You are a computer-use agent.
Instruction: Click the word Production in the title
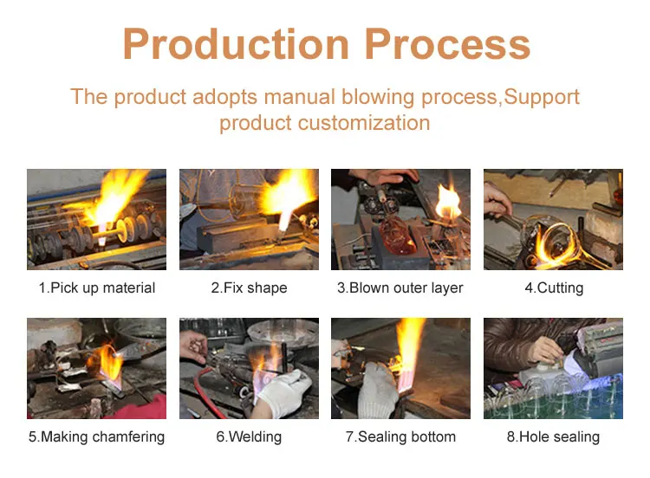tap(236, 44)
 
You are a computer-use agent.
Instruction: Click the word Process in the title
tap(448, 44)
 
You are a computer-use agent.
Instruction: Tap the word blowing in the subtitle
tap(378, 98)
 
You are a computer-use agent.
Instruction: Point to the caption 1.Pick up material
tap(96, 287)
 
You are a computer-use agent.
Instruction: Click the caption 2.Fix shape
tap(249, 287)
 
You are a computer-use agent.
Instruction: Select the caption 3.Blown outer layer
tap(400, 287)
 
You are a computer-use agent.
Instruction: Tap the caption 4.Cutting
tap(554, 287)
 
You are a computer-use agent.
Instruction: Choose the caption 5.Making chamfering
tap(96, 437)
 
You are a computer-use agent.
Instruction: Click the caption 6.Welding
tap(249, 437)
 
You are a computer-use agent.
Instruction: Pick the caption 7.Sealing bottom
tap(400, 437)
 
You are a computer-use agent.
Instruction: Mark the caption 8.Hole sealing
tap(553, 437)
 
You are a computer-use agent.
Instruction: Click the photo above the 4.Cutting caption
tap(553, 219)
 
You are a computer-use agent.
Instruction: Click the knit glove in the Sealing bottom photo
tap(378, 390)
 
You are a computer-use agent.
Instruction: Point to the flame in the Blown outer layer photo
tap(449, 202)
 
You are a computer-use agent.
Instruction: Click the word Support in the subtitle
tap(542, 98)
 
